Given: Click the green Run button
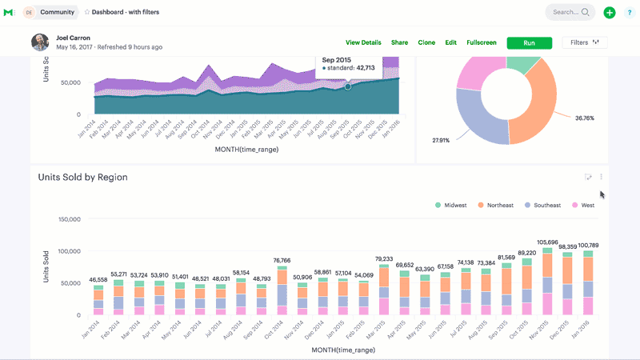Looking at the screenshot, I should click(529, 42).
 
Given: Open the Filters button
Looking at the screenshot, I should click(585, 42).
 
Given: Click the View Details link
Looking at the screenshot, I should click(363, 42).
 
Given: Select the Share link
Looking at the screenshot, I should click(399, 42).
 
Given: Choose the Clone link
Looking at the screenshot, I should click(426, 42).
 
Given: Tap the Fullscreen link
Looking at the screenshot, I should click(482, 42).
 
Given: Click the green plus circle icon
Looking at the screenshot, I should click(610, 12).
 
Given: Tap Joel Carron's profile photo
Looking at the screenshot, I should click(40, 42).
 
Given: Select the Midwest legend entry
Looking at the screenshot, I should click(451, 205).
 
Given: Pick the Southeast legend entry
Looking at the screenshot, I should click(544, 205).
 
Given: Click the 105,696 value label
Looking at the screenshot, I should click(547, 242).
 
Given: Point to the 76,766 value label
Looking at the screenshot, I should click(282, 260).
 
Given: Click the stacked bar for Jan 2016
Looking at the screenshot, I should click(588, 283).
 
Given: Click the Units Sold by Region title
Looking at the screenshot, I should click(82, 177).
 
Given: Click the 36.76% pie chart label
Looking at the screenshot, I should click(585, 118).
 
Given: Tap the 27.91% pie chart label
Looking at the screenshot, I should click(442, 140).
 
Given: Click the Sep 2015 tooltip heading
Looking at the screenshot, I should click(338, 59).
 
